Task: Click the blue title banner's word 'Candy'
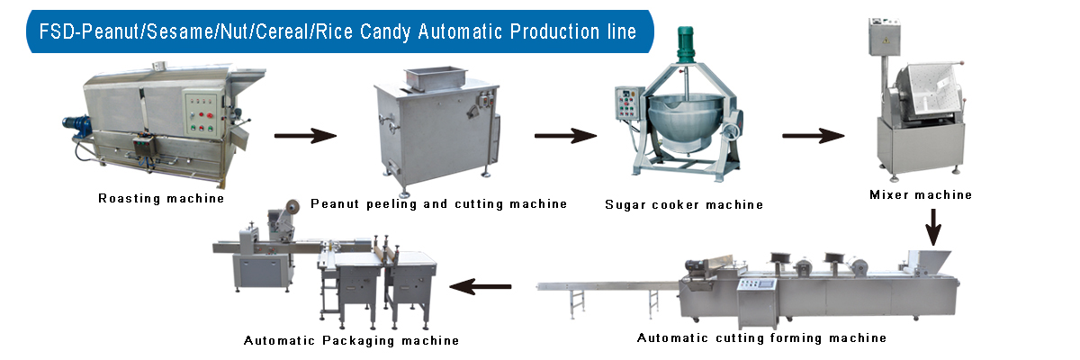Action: [385, 31]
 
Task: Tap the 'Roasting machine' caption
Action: [161, 199]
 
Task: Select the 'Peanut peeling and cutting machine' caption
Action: [439, 204]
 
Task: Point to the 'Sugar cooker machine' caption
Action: [684, 205]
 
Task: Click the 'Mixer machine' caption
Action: [921, 194]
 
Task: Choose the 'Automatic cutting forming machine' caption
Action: [761, 337]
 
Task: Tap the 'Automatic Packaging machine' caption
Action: [352, 341]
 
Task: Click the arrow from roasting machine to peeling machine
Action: [305, 136]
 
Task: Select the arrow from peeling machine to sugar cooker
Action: [565, 136]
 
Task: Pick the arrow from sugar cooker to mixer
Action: [814, 136]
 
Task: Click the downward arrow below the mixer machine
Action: [933, 227]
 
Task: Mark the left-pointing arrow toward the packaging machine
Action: [481, 287]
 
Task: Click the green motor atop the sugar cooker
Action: [685, 44]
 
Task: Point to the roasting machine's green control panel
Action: [202, 113]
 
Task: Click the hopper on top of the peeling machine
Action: [436, 78]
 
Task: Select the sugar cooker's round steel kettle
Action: [685, 121]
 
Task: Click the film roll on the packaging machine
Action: [292, 207]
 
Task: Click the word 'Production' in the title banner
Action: [554, 31]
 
